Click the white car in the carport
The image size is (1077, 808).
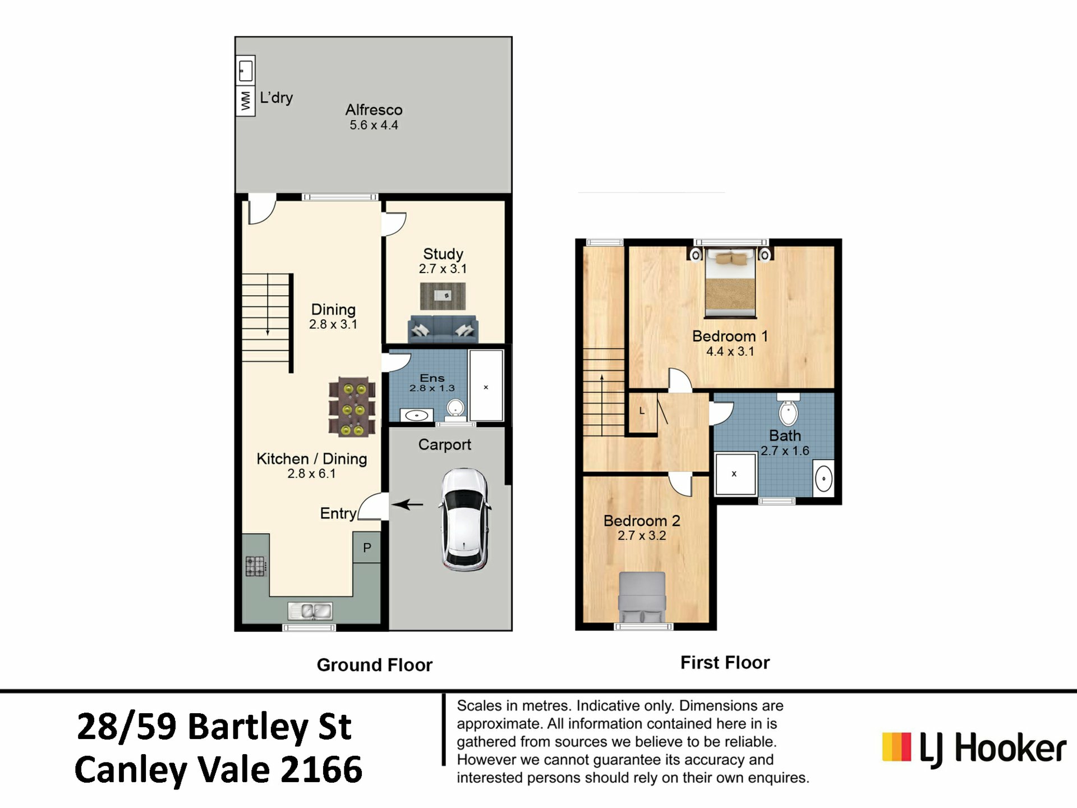pyautogui.click(x=464, y=520)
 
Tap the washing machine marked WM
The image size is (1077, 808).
pyautogui.click(x=246, y=101)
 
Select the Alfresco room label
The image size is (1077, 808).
pyautogui.click(x=374, y=109)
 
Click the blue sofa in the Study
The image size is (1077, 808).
pyautogui.click(x=443, y=328)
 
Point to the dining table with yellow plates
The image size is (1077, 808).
pyautogui.click(x=352, y=407)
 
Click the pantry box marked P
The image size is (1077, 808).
pyautogui.click(x=367, y=547)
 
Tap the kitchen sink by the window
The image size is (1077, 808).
pyautogui.click(x=310, y=610)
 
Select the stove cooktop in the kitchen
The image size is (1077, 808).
pyautogui.click(x=255, y=566)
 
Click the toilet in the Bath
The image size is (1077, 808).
pyautogui.click(x=788, y=410)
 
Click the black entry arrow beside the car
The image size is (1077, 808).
pyautogui.click(x=408, y=504)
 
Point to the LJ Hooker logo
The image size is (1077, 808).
pyautogui.click(x=974, y=749)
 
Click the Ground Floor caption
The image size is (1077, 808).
pyautogui.click(x=375, y=665)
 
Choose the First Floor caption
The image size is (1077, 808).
pyautogui.click(x=725, y=663)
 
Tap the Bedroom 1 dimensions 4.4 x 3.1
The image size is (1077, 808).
pyautogui.click(x=730, y=352)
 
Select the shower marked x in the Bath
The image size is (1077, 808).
pyautogui.click(x=735, y=474)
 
